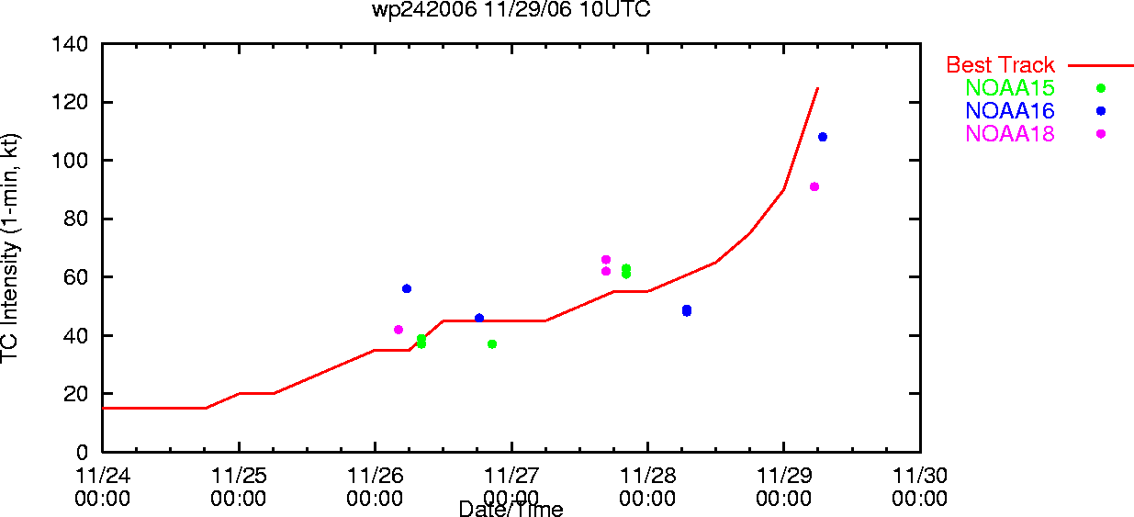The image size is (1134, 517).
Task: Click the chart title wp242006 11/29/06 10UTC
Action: (511, 9)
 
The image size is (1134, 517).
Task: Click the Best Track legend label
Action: (1000, 65)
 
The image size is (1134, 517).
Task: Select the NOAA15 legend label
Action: (1010, 88)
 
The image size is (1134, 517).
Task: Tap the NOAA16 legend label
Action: (1010, 111)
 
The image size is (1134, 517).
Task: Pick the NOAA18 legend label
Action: (1010, 134)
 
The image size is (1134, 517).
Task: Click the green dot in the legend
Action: (1101, 88)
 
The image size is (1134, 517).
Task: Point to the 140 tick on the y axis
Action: (70, 44)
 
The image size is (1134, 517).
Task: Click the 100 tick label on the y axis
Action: (70, 161)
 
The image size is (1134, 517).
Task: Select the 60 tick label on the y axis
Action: (76, 277)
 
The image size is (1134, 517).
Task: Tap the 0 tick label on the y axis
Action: (82, 452)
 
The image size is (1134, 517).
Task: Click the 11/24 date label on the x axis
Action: (103, 476)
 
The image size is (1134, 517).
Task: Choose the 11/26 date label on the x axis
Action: (376, 476)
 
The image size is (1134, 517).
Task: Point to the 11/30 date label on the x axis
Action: (920, 476)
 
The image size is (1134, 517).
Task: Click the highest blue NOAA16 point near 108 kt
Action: (823, 137)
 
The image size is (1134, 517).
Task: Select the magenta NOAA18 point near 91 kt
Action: (814, 186)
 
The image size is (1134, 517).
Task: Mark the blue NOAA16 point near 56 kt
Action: (407, 289)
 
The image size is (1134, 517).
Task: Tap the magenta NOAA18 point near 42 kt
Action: (399, 331)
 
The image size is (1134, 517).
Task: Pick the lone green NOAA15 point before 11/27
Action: (492, 344)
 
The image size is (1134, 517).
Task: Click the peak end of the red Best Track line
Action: (818, 88)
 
